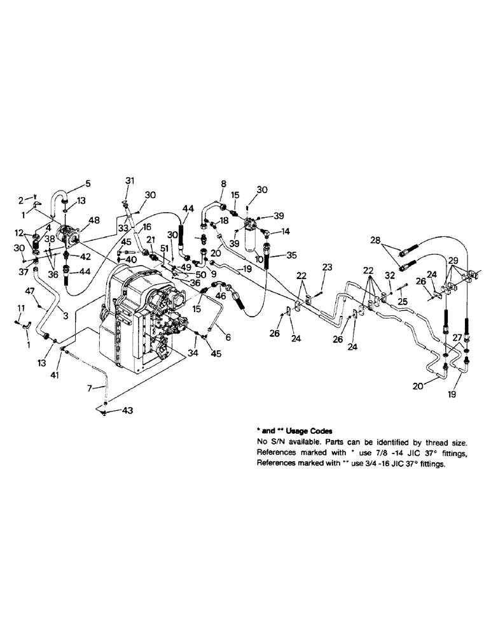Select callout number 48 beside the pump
(x=95, y=220)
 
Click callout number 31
(x=130, y=180)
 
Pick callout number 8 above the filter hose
(x=223, y=184)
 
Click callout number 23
(x=328, y=268)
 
